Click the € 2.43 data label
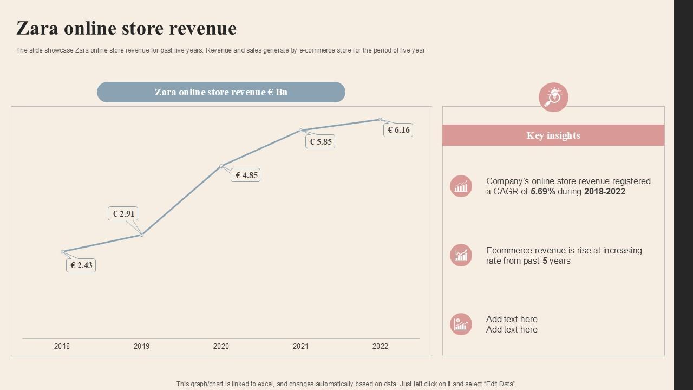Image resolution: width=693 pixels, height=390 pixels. pyautogui.click(x=81, y=265)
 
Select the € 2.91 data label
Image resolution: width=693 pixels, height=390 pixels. pyautogui.click(x=123, y=214)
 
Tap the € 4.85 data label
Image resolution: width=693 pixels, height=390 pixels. pyautogui.click(x=246, y=175)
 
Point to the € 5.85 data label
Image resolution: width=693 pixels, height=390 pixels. pyautogui.click(x=320, y=142)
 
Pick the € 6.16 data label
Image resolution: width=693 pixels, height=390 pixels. pyautogui.click(x=398, y=130)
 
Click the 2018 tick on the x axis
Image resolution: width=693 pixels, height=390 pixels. pyautogui.click(x=62, y=346)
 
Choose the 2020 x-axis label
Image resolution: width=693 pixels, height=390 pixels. pyautogui.click(x=221, y=346)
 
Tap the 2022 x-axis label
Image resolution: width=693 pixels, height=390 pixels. pyautogui.click(x=380, y=346)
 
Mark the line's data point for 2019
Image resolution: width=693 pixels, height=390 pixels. pyautogui.click(x=142, y=235)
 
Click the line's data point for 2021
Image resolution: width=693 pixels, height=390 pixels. pyautogui.click(x=301, y=130)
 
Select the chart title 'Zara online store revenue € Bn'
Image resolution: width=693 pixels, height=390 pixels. pyautogui.click(x=221, y=92)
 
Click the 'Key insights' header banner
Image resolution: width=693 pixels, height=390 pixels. pyautogui.click(x=553, y=135)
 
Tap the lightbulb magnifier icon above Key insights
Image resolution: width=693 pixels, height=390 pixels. pyautogui.click(x=553, y=97)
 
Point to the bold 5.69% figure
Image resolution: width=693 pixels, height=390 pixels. pyautogui.click(x=543, y=192)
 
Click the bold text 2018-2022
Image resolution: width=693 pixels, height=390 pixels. pyautogui.click(x=605, y=192)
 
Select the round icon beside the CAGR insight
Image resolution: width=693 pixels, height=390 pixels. pyautogui.click(x=461, y=186)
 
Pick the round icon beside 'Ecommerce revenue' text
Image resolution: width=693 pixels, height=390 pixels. pyautogui.click(x=461, y=255)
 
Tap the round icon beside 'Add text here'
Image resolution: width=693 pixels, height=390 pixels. pyautogui.click(x=461, y=324)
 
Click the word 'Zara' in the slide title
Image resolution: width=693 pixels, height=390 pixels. pyautogui.click(x=37, y=28)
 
